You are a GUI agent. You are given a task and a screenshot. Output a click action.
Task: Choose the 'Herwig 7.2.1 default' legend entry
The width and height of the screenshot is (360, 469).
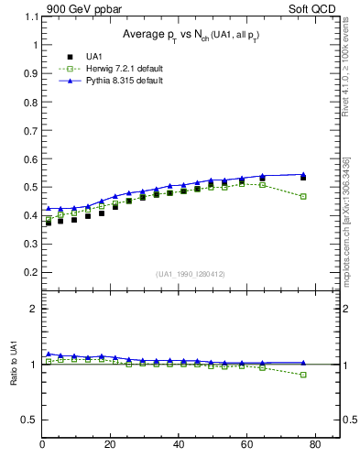coord(106,69)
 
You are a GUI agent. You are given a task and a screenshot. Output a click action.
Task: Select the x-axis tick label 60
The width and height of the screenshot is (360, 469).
coord(246,446)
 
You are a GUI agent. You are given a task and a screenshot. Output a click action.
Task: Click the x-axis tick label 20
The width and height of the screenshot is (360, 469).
coord(110,446)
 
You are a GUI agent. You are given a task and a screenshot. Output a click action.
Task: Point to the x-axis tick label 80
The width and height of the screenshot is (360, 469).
coord(314,446)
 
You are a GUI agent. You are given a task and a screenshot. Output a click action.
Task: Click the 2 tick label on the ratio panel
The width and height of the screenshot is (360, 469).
coord(33,309)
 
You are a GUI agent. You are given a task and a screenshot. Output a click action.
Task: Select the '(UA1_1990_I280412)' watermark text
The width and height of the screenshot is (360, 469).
coord(191,274)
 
